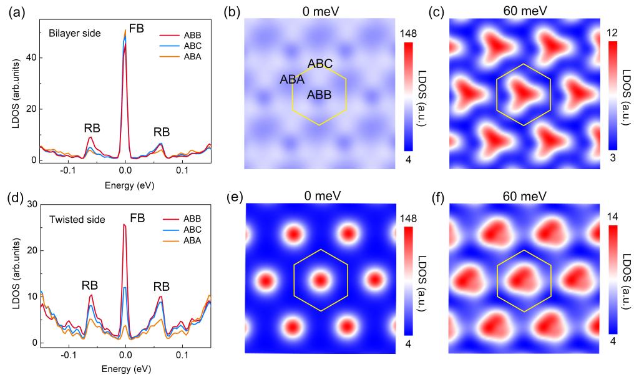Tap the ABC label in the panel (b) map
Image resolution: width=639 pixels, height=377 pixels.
coord(319,64)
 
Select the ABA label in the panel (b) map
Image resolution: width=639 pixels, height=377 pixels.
coord(292,79)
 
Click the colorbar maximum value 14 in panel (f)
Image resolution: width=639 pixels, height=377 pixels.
coord(613,218)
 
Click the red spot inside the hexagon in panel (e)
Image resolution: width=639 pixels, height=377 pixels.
coord(319,279)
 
